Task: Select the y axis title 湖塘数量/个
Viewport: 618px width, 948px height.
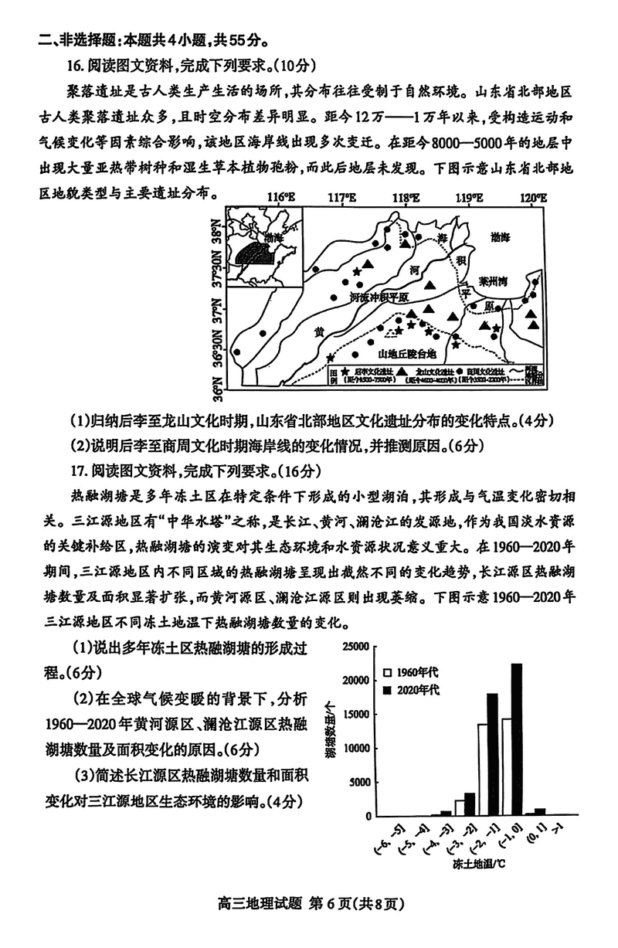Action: click(330, 730)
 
